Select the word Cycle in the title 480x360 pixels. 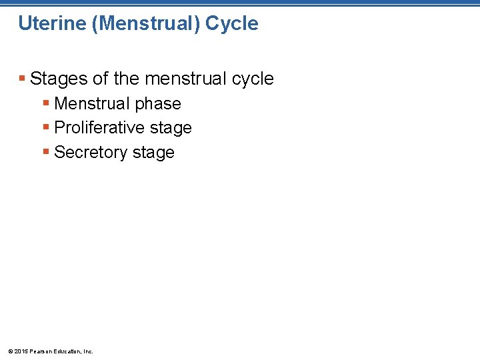coord(232,24)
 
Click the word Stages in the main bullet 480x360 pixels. coord(59,79)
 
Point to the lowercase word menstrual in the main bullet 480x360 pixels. coord(181,79)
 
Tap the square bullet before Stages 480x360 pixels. coord(23,79)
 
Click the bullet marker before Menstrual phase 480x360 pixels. coord(46,103)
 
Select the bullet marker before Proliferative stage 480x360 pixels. coord(46,127)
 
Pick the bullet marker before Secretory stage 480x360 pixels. coord(46,152)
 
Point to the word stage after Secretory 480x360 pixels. coord(153,153)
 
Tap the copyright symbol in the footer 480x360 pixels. coord(9,351)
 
